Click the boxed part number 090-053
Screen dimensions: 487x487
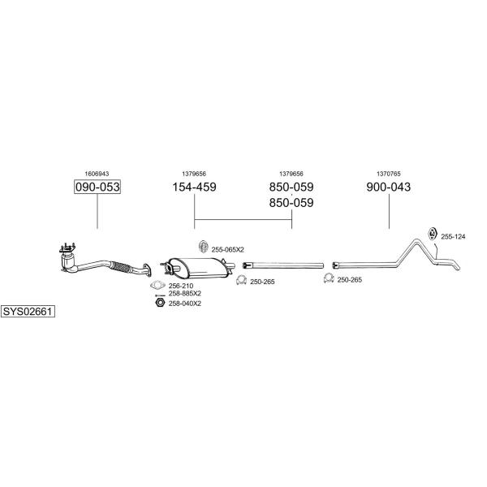[97, 187]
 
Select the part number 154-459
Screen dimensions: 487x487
[194, 187]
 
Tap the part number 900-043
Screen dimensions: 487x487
[388, 187]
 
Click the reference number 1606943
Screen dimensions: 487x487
[97, 174]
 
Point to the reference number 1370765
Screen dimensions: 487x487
[389, 174]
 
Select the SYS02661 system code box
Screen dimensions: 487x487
[28, 311]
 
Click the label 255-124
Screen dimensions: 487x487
[453, 237]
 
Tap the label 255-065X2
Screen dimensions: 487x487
[227, 249]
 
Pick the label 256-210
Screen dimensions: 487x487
[181, 286]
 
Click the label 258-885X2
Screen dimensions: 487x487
[185, 294]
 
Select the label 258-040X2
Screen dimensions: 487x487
[185, 304]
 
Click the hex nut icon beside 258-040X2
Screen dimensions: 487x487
[160, 303]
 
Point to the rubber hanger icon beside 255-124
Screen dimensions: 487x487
[432, 234]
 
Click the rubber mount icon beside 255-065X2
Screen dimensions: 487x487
[203, 247]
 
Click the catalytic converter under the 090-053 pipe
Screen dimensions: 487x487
[68, 261]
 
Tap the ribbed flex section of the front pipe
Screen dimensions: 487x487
[120, 267]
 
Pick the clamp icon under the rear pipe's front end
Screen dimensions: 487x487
[329, 278]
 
